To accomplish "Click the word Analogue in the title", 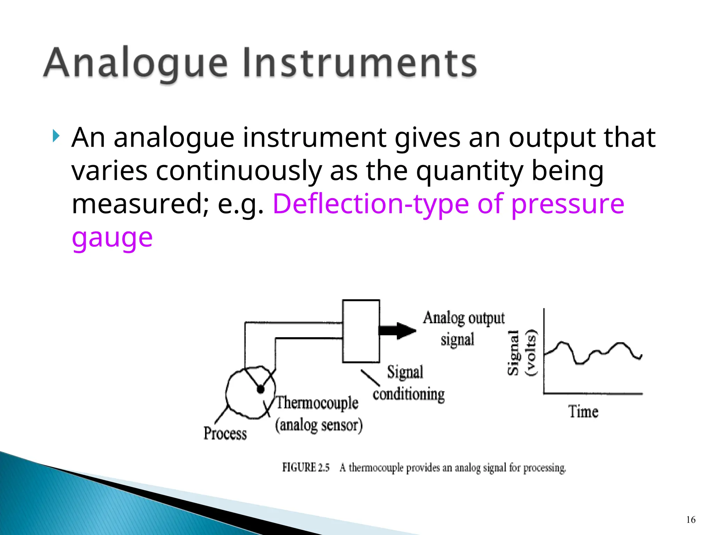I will click(x=136, y=63).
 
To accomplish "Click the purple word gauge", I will click(x=112, y=238).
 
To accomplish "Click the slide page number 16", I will click(x=691, y=520).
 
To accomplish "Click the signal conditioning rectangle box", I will click(x=361, y=331).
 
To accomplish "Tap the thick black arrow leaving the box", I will click(x=397, y=330).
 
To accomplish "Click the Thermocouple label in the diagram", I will click(x=317, y=403).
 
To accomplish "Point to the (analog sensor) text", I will click(x=319, y=425).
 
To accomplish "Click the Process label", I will click(x=225, y=434).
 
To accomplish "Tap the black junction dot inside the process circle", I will click(x=260, y=389).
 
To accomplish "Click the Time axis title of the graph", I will click(x=583, y=412).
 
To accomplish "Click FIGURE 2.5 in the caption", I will click(x=306, y=467).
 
